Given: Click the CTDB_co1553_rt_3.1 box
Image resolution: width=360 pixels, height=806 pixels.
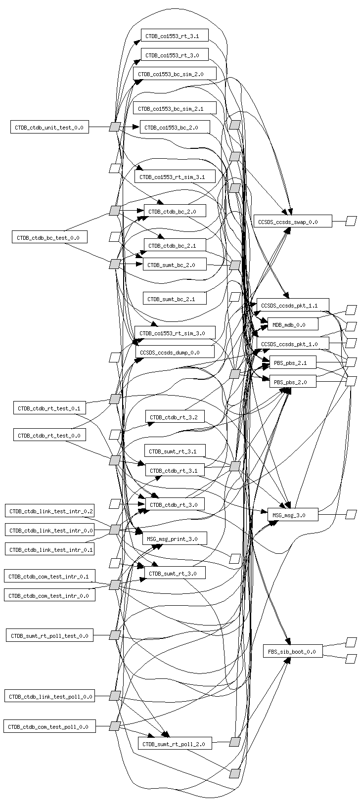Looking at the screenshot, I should [x=175, y=36].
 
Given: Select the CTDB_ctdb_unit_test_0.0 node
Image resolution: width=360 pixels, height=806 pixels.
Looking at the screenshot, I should [x=49, y=127].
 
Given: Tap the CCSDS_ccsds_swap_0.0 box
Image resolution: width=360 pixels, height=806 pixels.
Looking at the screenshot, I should [x=293, y=221].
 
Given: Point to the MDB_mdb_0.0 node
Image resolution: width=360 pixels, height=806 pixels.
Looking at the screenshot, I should [x=293, y=324].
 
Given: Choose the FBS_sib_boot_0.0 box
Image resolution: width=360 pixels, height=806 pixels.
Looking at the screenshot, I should [x=293, y=651].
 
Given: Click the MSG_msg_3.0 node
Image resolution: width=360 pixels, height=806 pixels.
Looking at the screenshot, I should [x=293, y=514].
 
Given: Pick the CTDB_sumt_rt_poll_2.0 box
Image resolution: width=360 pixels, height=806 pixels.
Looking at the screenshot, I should [x=175, y=743].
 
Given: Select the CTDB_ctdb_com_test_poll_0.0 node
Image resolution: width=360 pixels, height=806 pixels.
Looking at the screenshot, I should [x=49, y=726].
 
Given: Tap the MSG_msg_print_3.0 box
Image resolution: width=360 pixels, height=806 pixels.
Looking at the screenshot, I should [x=175, y=538].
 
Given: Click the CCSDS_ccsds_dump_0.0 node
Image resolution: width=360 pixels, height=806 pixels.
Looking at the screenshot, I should [x=175, y=352].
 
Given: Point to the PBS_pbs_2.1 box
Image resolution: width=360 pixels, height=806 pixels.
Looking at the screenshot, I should [x=293, y=362].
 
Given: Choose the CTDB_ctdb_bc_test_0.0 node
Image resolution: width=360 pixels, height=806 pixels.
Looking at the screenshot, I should [x=49, y=237].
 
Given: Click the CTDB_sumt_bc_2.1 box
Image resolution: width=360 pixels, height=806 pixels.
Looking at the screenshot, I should [x=175, y=298].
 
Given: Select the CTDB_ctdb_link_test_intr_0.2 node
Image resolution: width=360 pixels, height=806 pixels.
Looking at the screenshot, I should [x=49, y=510].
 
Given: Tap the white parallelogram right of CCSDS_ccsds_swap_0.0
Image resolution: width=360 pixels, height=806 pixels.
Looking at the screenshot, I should [x=351, y=221].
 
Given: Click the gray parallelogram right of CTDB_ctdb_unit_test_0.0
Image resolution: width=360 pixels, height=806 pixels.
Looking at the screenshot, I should [x=115, y=127].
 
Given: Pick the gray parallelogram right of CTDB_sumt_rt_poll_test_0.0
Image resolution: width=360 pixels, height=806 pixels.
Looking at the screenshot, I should [x=115, y=635].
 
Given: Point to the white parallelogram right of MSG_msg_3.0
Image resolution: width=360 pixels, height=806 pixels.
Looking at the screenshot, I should [x=351, y=514].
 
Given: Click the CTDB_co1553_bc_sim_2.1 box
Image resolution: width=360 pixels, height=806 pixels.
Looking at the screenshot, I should [x=175, y=108].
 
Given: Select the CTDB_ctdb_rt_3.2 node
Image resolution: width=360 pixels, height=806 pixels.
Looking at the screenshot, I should [x=175, y=417].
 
